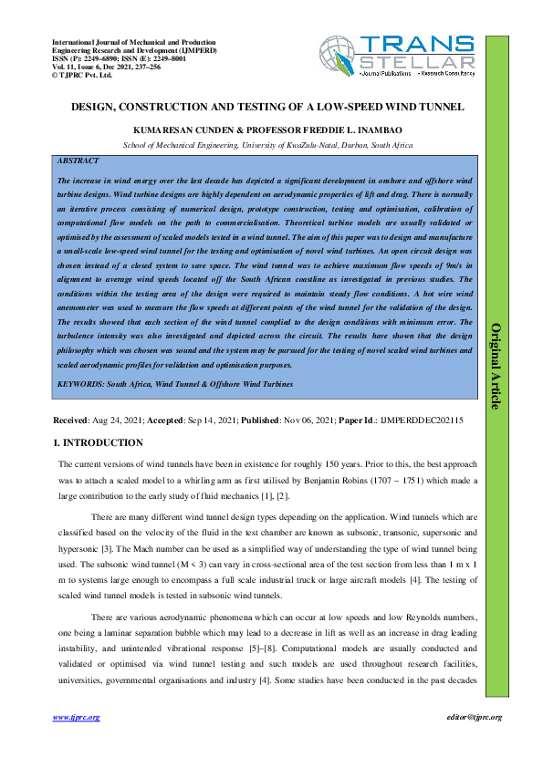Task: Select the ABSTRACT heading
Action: (77, 161)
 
